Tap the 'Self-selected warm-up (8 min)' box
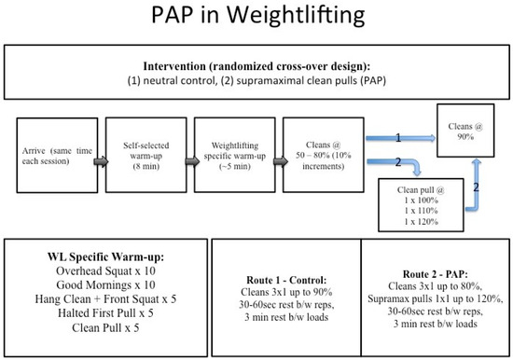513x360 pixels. tap(140, 159)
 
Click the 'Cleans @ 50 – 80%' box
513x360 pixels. tap(316, 159)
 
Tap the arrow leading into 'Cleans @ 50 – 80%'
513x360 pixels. tap(276, 159)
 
